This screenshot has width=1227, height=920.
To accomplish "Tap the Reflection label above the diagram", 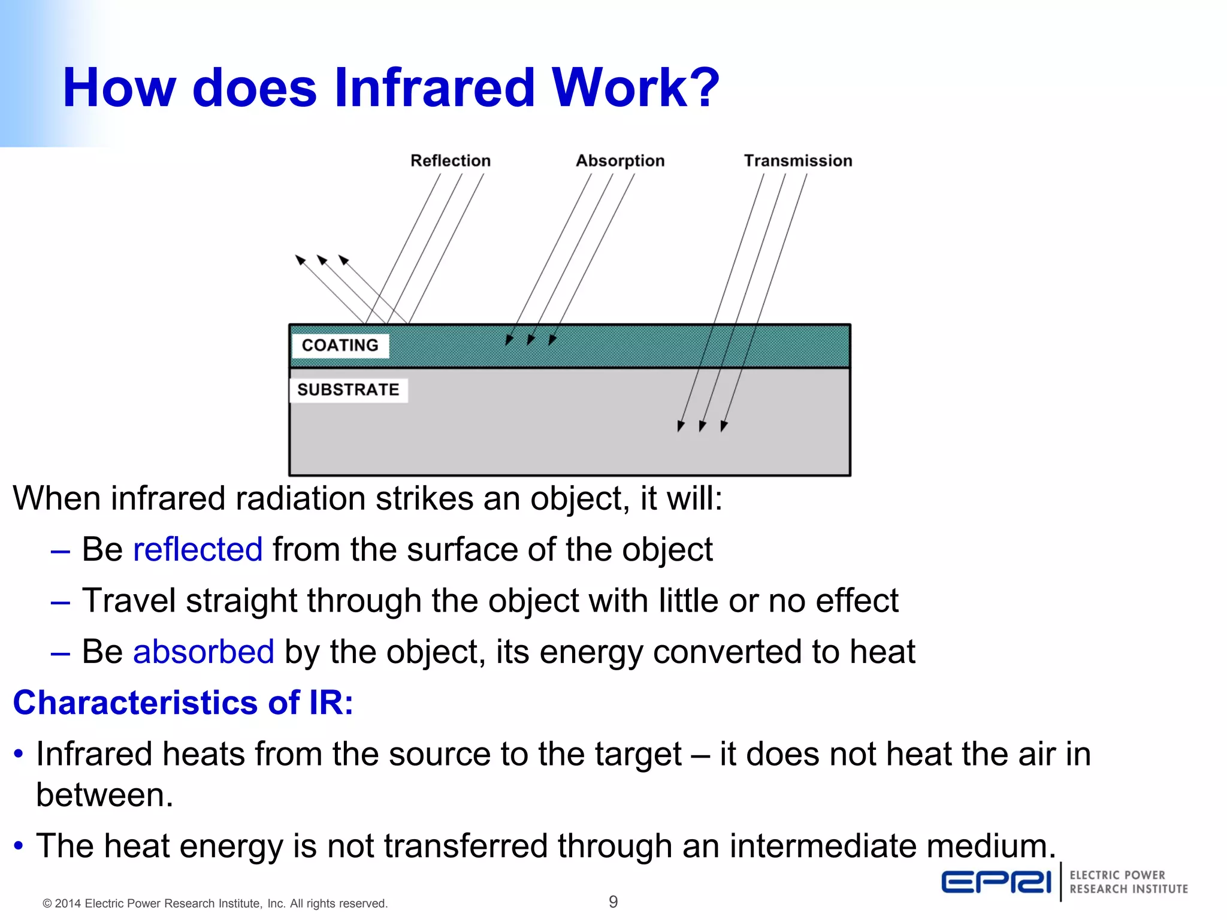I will [450, 161].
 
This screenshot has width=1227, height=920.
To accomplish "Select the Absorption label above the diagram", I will [620, 161].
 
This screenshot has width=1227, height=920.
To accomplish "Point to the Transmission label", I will [797, 161].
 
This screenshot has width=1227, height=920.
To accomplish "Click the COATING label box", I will [340, 346].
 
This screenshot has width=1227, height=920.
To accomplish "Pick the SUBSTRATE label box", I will [348, 390].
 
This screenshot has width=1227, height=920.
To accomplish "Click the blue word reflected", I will [198, 549].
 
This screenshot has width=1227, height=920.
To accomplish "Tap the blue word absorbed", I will [204, 652].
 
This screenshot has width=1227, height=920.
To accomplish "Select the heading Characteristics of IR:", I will [183, 703].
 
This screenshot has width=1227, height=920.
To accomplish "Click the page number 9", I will [613, 901].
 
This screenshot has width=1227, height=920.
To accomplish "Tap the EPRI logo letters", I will [996, 882].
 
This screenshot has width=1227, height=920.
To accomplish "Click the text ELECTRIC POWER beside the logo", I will [1117, 875].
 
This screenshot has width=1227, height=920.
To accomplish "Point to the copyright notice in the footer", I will [215, 903].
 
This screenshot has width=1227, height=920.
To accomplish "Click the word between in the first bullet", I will [104, 795].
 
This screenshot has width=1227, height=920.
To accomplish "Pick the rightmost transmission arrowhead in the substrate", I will [724, 426].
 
